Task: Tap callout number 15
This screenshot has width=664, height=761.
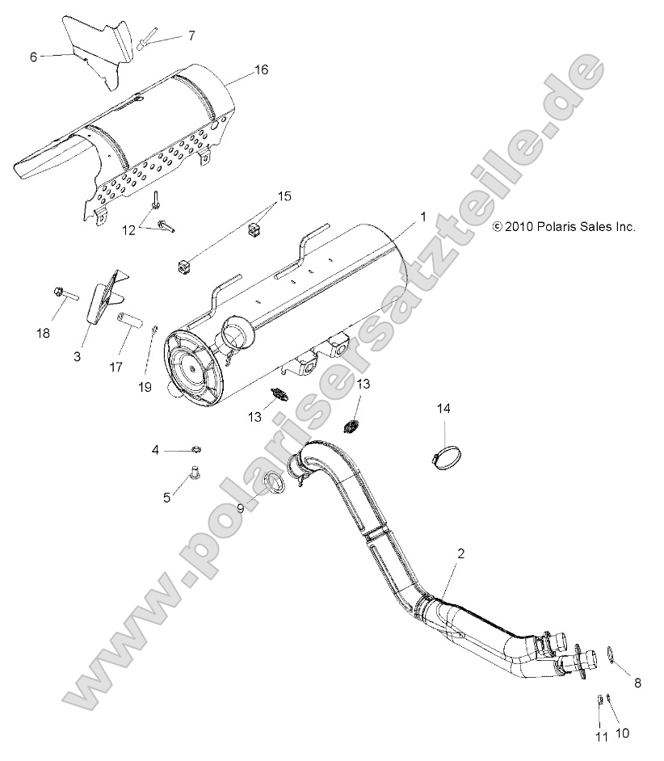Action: pos(261,196)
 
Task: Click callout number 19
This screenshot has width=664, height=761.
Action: pos(145,387)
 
